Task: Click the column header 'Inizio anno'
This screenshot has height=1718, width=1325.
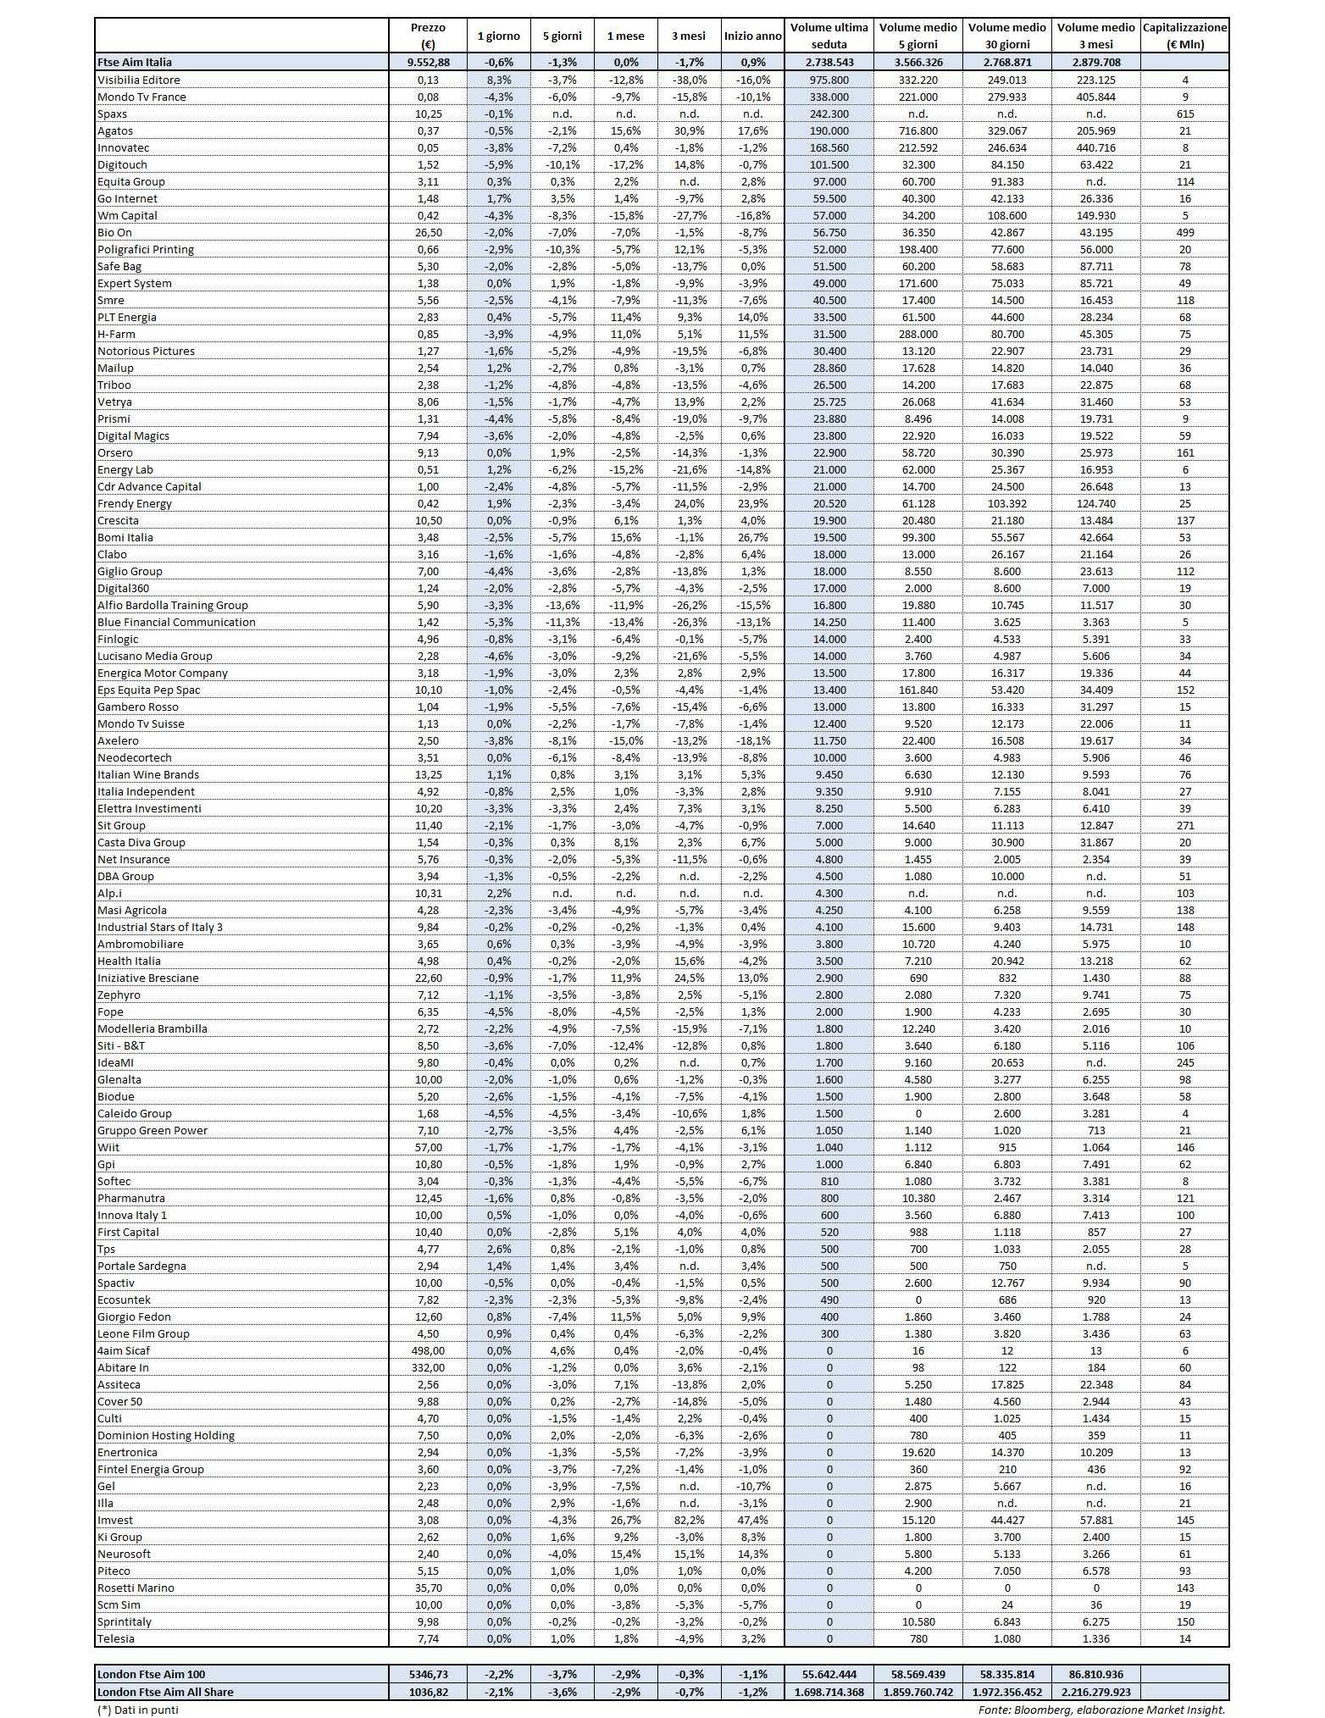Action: [x=752, y=36]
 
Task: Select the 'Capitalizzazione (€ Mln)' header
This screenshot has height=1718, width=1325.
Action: [x=1184, y=36]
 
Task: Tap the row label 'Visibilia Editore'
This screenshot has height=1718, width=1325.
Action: [x=139, y=80]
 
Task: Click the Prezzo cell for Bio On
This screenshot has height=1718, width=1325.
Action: [x=428, y=232]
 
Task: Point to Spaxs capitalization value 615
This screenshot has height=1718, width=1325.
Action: [x=1184, y=114]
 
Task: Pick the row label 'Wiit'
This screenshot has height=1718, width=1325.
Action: [x=108, y=1147]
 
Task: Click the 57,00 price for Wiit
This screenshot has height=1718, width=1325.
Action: [x=428, y=1147]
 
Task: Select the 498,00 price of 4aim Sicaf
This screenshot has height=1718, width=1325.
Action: [x=428, y=1350]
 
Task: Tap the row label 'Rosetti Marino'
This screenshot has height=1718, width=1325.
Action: [x=136, y=1588]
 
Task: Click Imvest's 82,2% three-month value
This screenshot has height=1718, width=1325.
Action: [x=689, y=1520]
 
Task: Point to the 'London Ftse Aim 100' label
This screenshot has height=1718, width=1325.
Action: [x=152, y=1674]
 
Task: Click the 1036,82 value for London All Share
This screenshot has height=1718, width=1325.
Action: [x=428, y=1692]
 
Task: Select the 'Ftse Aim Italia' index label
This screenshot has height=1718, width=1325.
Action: [x=135, y=62]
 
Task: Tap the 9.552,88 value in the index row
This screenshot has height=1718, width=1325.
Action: [x=428, y=62]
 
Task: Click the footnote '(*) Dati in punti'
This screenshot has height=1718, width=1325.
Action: [x=138, y=1710]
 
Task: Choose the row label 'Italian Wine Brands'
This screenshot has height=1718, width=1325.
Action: [x=148, y=774]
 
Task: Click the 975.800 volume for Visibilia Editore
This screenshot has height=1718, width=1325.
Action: [x=829, y=80]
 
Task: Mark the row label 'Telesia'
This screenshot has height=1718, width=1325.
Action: [x=116, y=1638]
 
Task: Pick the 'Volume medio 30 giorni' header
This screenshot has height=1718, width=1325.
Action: [x=1006, y=36]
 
